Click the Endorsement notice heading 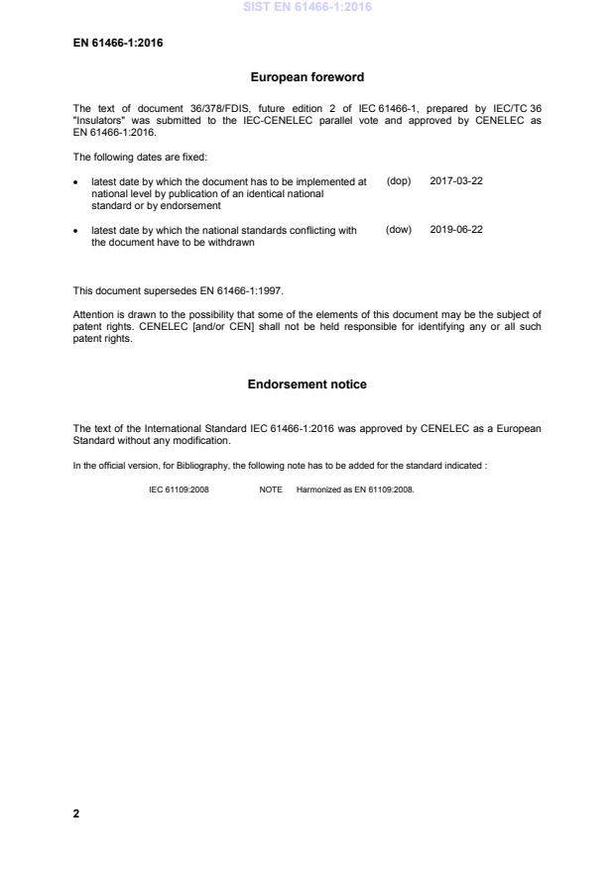point(307,383)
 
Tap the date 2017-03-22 point(456,181)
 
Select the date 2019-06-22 point(456,230)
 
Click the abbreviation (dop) point(398,181)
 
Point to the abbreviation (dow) point(398,230)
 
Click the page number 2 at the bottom point(76,814)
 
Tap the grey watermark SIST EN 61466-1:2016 point(307,8)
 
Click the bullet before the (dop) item point(77,182)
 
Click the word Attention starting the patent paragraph point(94,314)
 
